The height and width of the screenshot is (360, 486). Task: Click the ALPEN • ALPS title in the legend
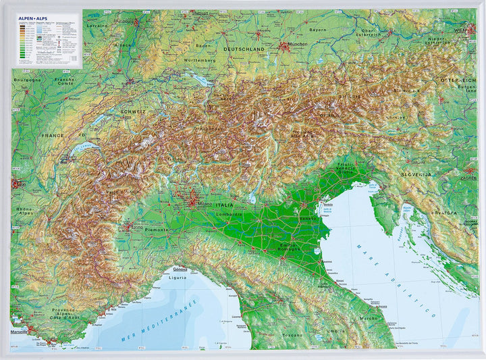coord(32,20)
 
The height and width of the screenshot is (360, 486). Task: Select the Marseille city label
coord(20,332)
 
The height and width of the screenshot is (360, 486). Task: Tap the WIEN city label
coord(460,30)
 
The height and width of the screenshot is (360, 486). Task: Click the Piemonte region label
coord(157,230)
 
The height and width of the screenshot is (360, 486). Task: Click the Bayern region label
coord(317,30)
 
